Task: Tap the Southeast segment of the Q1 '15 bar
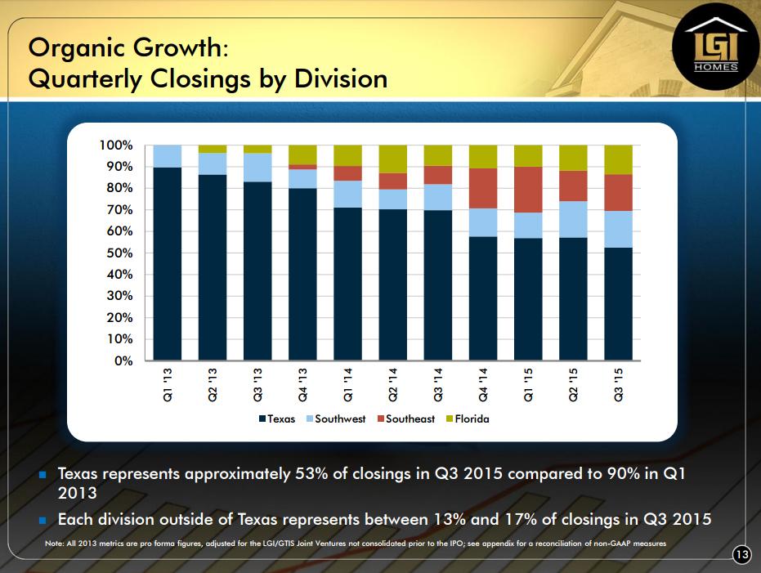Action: point(527,190)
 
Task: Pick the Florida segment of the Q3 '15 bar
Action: point(617,159)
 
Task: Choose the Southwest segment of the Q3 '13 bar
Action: point(257,168)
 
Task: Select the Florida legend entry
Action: point(465,419)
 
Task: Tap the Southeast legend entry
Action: point(405,419)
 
